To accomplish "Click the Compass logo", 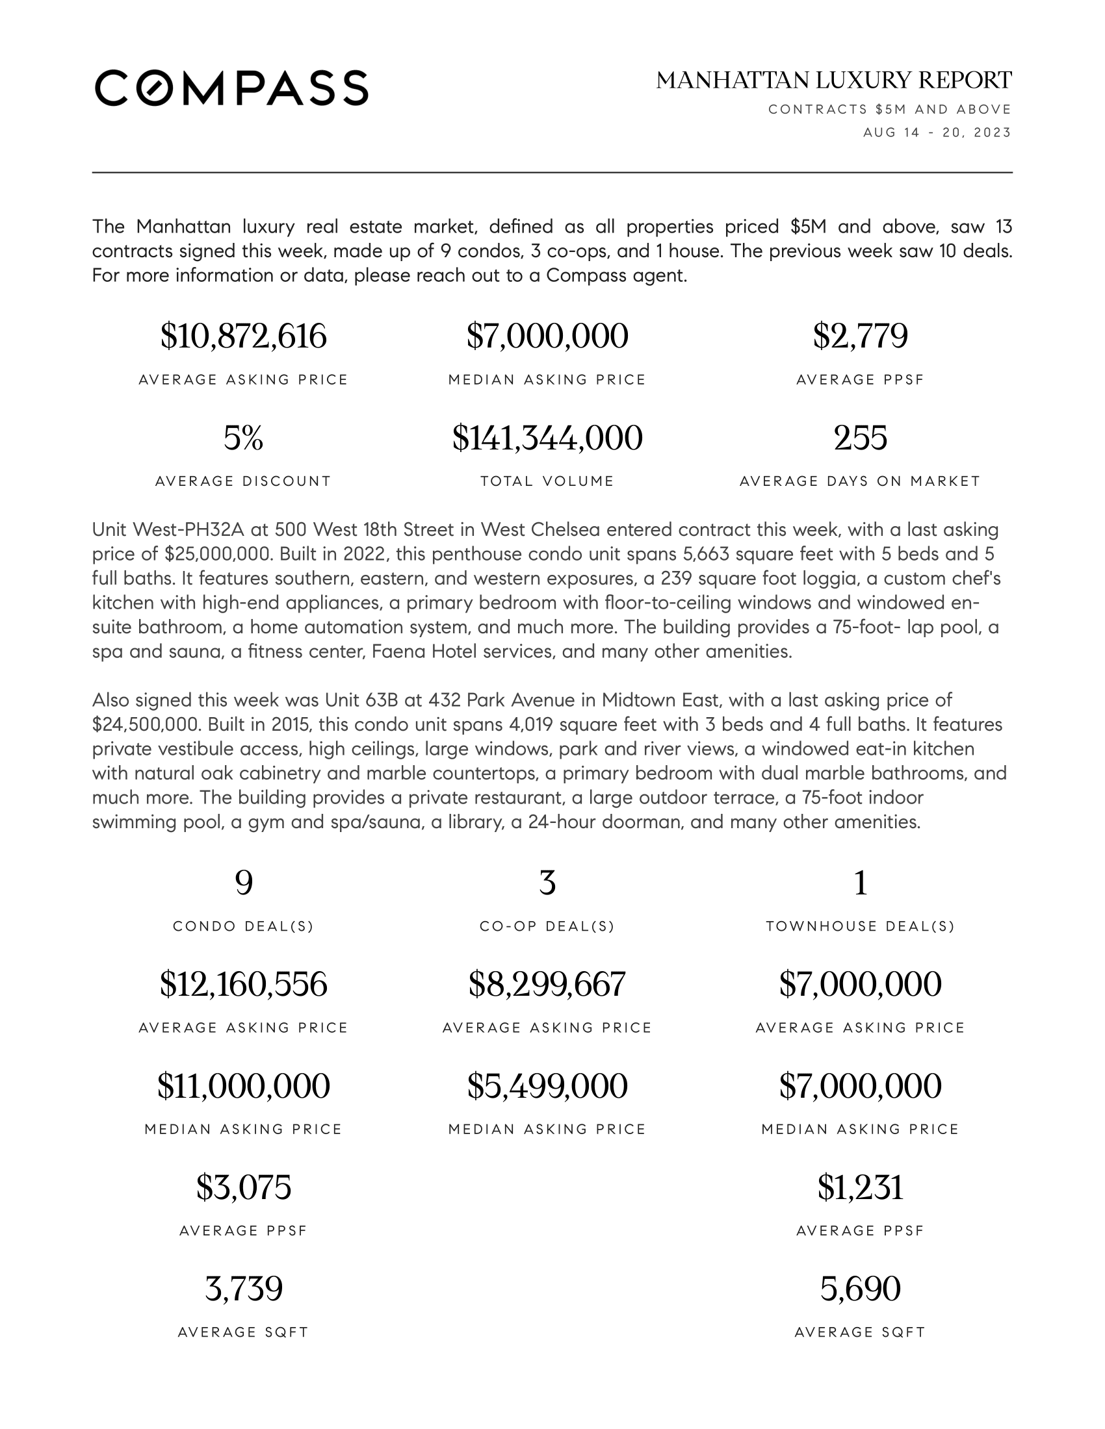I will pos(231,88).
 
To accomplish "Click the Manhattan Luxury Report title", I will pos(833,81).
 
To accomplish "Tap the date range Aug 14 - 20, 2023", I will pos(937,133).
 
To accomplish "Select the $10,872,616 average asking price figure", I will pos(243,336).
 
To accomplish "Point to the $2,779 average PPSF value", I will pos(860,336).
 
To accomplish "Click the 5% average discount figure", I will pos(243,438).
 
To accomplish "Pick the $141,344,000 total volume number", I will pos(547,438).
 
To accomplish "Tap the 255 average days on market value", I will pos(860,438).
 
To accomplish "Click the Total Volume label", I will pos(547,481).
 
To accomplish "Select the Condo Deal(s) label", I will pos(243,926).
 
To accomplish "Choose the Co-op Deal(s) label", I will pos(547,926).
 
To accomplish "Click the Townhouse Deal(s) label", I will pos(860,926).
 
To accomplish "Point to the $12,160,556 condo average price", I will pos(243,985).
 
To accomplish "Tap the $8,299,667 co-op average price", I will pos(547,985).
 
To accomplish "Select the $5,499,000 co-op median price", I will pos(547,1086).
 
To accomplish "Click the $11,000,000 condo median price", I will pos(243,1086).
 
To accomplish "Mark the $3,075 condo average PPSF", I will pos(243,1187).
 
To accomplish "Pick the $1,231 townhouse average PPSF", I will pos(860,1187).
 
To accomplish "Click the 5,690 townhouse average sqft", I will pos(860,1289).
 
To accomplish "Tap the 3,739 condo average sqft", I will pos(243,1289).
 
